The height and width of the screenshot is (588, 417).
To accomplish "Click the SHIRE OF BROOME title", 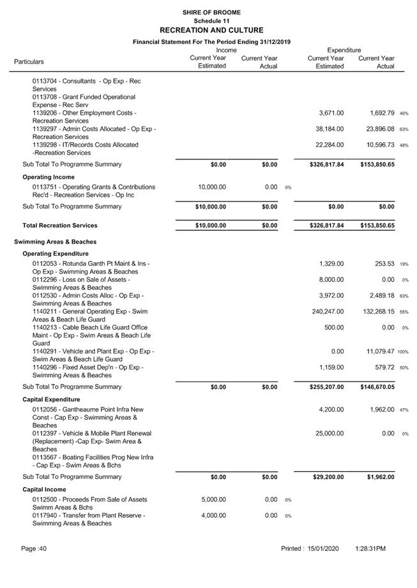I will [x=211, y=12].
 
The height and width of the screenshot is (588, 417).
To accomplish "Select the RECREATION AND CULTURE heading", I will [x=211, y=30].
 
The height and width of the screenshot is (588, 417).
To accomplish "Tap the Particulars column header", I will [x=29, y=62].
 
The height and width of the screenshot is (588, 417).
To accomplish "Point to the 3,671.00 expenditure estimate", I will [x=331, y=113].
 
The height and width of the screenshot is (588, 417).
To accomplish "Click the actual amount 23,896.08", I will [x=377, y=129].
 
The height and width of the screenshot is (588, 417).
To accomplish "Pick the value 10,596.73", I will [x=377, y=145].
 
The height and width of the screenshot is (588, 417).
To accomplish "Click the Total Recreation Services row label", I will [x=60, y=226].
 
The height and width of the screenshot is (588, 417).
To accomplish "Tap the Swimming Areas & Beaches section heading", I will [x=55, y=242].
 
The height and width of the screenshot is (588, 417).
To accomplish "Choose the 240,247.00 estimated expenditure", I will [x=326, y=311].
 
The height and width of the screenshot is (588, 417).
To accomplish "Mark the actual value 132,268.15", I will [x=375, y=311].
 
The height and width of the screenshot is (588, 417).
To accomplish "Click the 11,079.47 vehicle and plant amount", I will [x=377, y=351].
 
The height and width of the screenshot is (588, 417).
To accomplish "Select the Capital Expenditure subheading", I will [x=51, y=399].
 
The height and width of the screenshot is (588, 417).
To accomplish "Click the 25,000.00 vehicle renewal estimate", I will [x=329, y=434].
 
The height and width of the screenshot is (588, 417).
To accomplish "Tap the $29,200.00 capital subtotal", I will [x=326, y=477].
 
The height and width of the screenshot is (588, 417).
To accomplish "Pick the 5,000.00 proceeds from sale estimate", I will [x=213, y=499].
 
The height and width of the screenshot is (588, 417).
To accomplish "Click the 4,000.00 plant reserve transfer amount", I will [x=213, y=515].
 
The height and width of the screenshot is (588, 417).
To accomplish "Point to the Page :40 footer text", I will [x=34, y=548].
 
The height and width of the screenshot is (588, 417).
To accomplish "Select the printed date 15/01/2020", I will [x=327, y=548].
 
